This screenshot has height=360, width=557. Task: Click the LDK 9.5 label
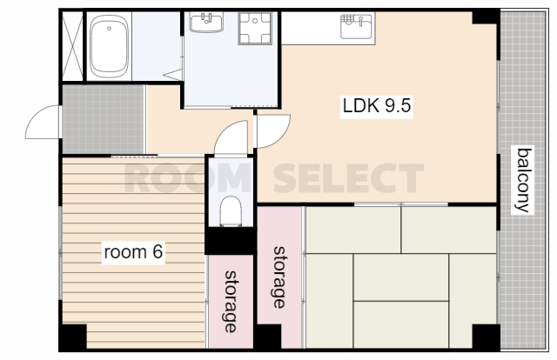(377, 106)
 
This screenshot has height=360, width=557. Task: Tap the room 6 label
(133, 251)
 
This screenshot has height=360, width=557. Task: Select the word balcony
(523, 180)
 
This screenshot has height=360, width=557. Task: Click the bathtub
(109, 46)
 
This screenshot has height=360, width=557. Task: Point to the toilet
(231, 211)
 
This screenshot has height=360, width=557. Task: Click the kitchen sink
(357, 25)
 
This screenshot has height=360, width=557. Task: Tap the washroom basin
(206, 22)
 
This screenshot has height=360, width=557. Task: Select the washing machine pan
(255, 28)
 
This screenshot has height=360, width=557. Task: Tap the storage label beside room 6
(231, 302)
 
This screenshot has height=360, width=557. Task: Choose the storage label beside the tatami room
(279, 277)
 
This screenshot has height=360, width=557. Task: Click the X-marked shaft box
(72, 46)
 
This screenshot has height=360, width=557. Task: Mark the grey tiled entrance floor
(104, 119)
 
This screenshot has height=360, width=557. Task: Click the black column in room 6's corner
(73, 337)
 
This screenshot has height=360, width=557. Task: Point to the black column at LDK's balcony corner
(486, 17)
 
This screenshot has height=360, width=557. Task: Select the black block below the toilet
(231, 240)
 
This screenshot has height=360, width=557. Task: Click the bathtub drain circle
(109, 29)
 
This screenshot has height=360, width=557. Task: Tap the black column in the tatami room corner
(486, 337)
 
